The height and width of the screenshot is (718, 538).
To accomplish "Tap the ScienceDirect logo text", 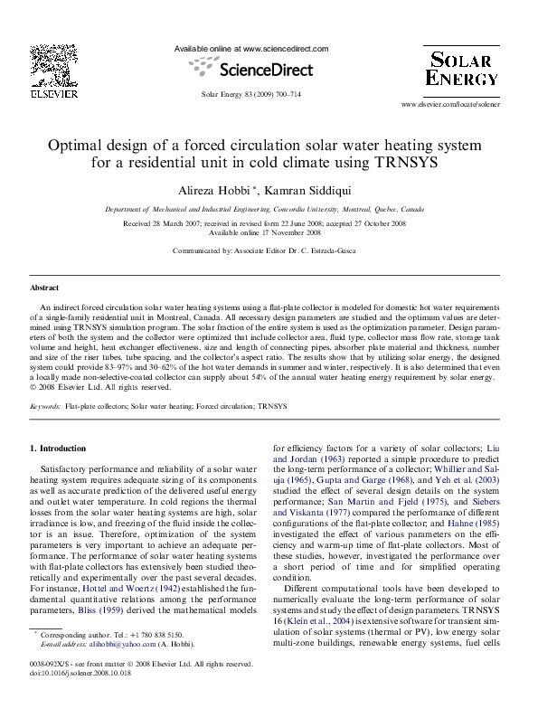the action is pos(251,69).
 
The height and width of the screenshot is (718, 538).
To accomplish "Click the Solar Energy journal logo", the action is pos(461,70).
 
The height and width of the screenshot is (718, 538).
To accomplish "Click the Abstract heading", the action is pos(44,287).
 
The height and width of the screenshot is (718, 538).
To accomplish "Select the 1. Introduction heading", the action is pos(58,449).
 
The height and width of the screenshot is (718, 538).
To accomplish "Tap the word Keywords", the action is pos(45,407).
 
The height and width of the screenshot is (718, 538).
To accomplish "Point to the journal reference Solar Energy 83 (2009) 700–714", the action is pos(250,94).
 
